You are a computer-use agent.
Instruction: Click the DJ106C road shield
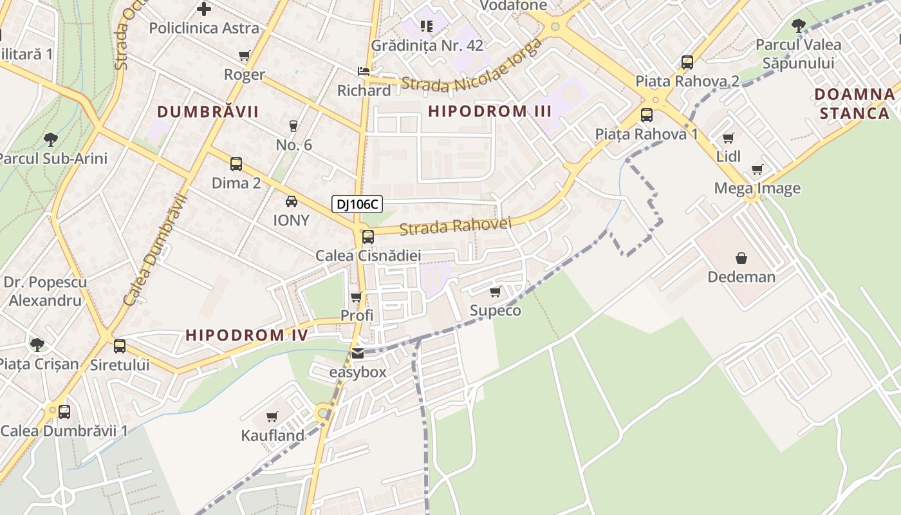coord(357,205)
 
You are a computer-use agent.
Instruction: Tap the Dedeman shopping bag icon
coord(741,258)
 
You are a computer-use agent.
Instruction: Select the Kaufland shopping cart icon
coord(272,417)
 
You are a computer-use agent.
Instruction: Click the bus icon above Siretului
coord(120,346)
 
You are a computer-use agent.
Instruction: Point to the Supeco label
coord(495,310)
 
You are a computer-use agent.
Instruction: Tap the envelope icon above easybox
coord(358,353)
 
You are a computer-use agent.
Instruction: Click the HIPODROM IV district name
coord(246,335)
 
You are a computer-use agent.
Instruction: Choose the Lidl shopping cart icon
coord(728,138)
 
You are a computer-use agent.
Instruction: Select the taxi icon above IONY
coord(292,201)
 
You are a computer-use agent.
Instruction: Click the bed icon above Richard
coord(364,71)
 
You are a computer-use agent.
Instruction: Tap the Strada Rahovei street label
coord(455,226)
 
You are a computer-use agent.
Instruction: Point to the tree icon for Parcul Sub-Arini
coord(51,139)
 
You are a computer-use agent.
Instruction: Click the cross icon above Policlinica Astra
coord(204,9)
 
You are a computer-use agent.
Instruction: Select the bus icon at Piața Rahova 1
coord(647,115)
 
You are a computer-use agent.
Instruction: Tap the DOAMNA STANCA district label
coord(854,104)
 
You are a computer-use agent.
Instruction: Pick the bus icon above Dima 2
coord(236,164)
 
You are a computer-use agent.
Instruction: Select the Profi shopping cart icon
coord(357,297)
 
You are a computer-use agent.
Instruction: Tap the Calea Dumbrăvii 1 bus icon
coord(64,411)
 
